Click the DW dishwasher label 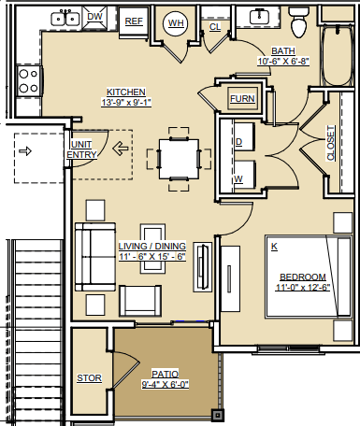tap(94, 17)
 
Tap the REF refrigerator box tap(134, 20)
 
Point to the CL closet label tap(215, 28)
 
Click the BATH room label tap(283, 51)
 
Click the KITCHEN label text tap(125, 92)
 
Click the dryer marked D tap(241, 142)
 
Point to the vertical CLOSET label tap(331, 144)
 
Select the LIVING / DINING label tap(151, 246)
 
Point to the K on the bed tap(274, 247)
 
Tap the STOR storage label tap(90, 378)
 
